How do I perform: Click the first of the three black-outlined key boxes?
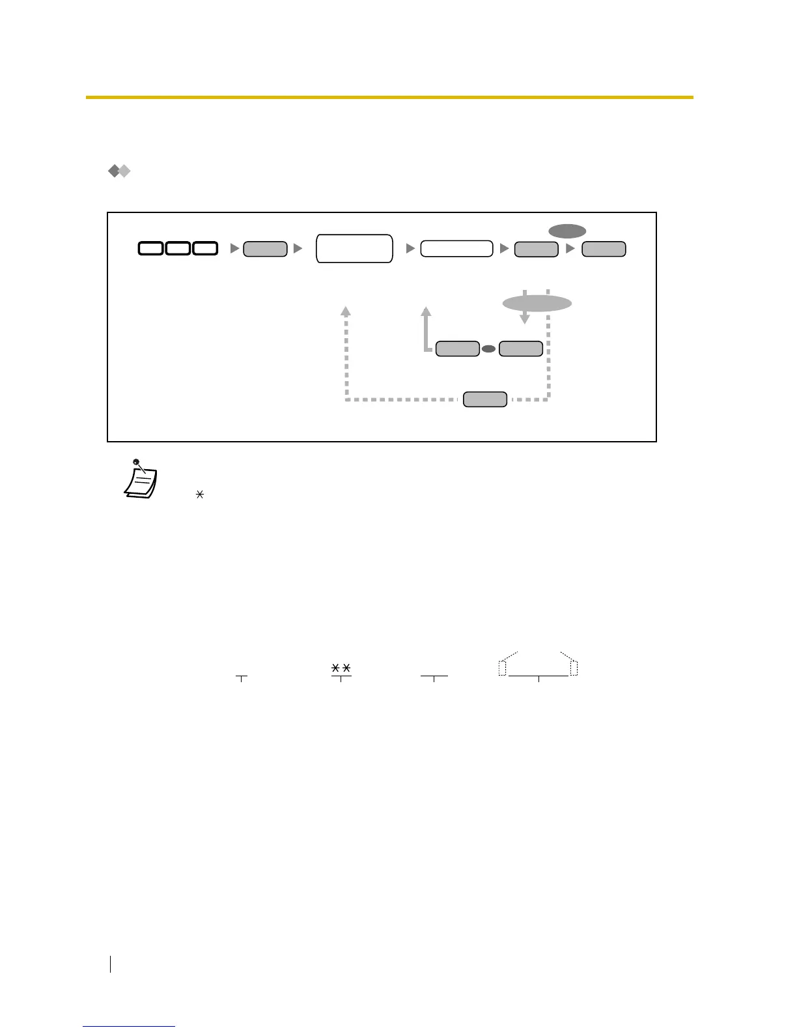click(x=150, y=248)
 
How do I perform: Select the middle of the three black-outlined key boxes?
click(x=178, y=248)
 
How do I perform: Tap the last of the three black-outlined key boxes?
click(x=204, y=248)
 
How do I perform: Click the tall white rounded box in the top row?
click(x=354, y=248)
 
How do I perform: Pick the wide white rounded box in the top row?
click(x=456, y=248)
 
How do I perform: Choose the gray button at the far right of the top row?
click(x=604, y=248)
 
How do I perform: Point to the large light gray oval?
click(x=537, y=304)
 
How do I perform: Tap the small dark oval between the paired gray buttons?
click(x=488, y=349)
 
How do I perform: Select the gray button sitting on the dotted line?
click(x=484, y=399)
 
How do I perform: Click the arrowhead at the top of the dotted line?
click(x=346, y=311)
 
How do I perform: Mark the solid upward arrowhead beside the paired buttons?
click(x=426, y=311)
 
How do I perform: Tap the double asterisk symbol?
click(x=341, y=668)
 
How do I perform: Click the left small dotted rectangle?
click(x=502, y=668)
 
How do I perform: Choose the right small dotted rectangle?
click(x=574, y=668)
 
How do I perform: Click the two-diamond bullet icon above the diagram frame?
click(x=119, y=171)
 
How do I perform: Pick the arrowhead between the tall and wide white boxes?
click(x=410, y=248)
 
